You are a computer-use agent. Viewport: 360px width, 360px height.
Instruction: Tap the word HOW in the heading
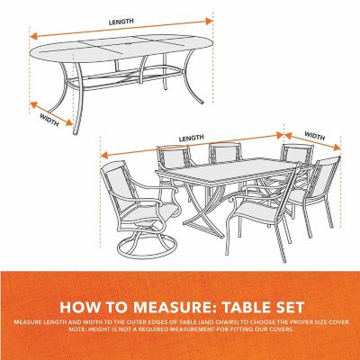click(81, 304)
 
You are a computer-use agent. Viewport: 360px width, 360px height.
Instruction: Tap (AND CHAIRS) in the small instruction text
click(209, 321)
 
